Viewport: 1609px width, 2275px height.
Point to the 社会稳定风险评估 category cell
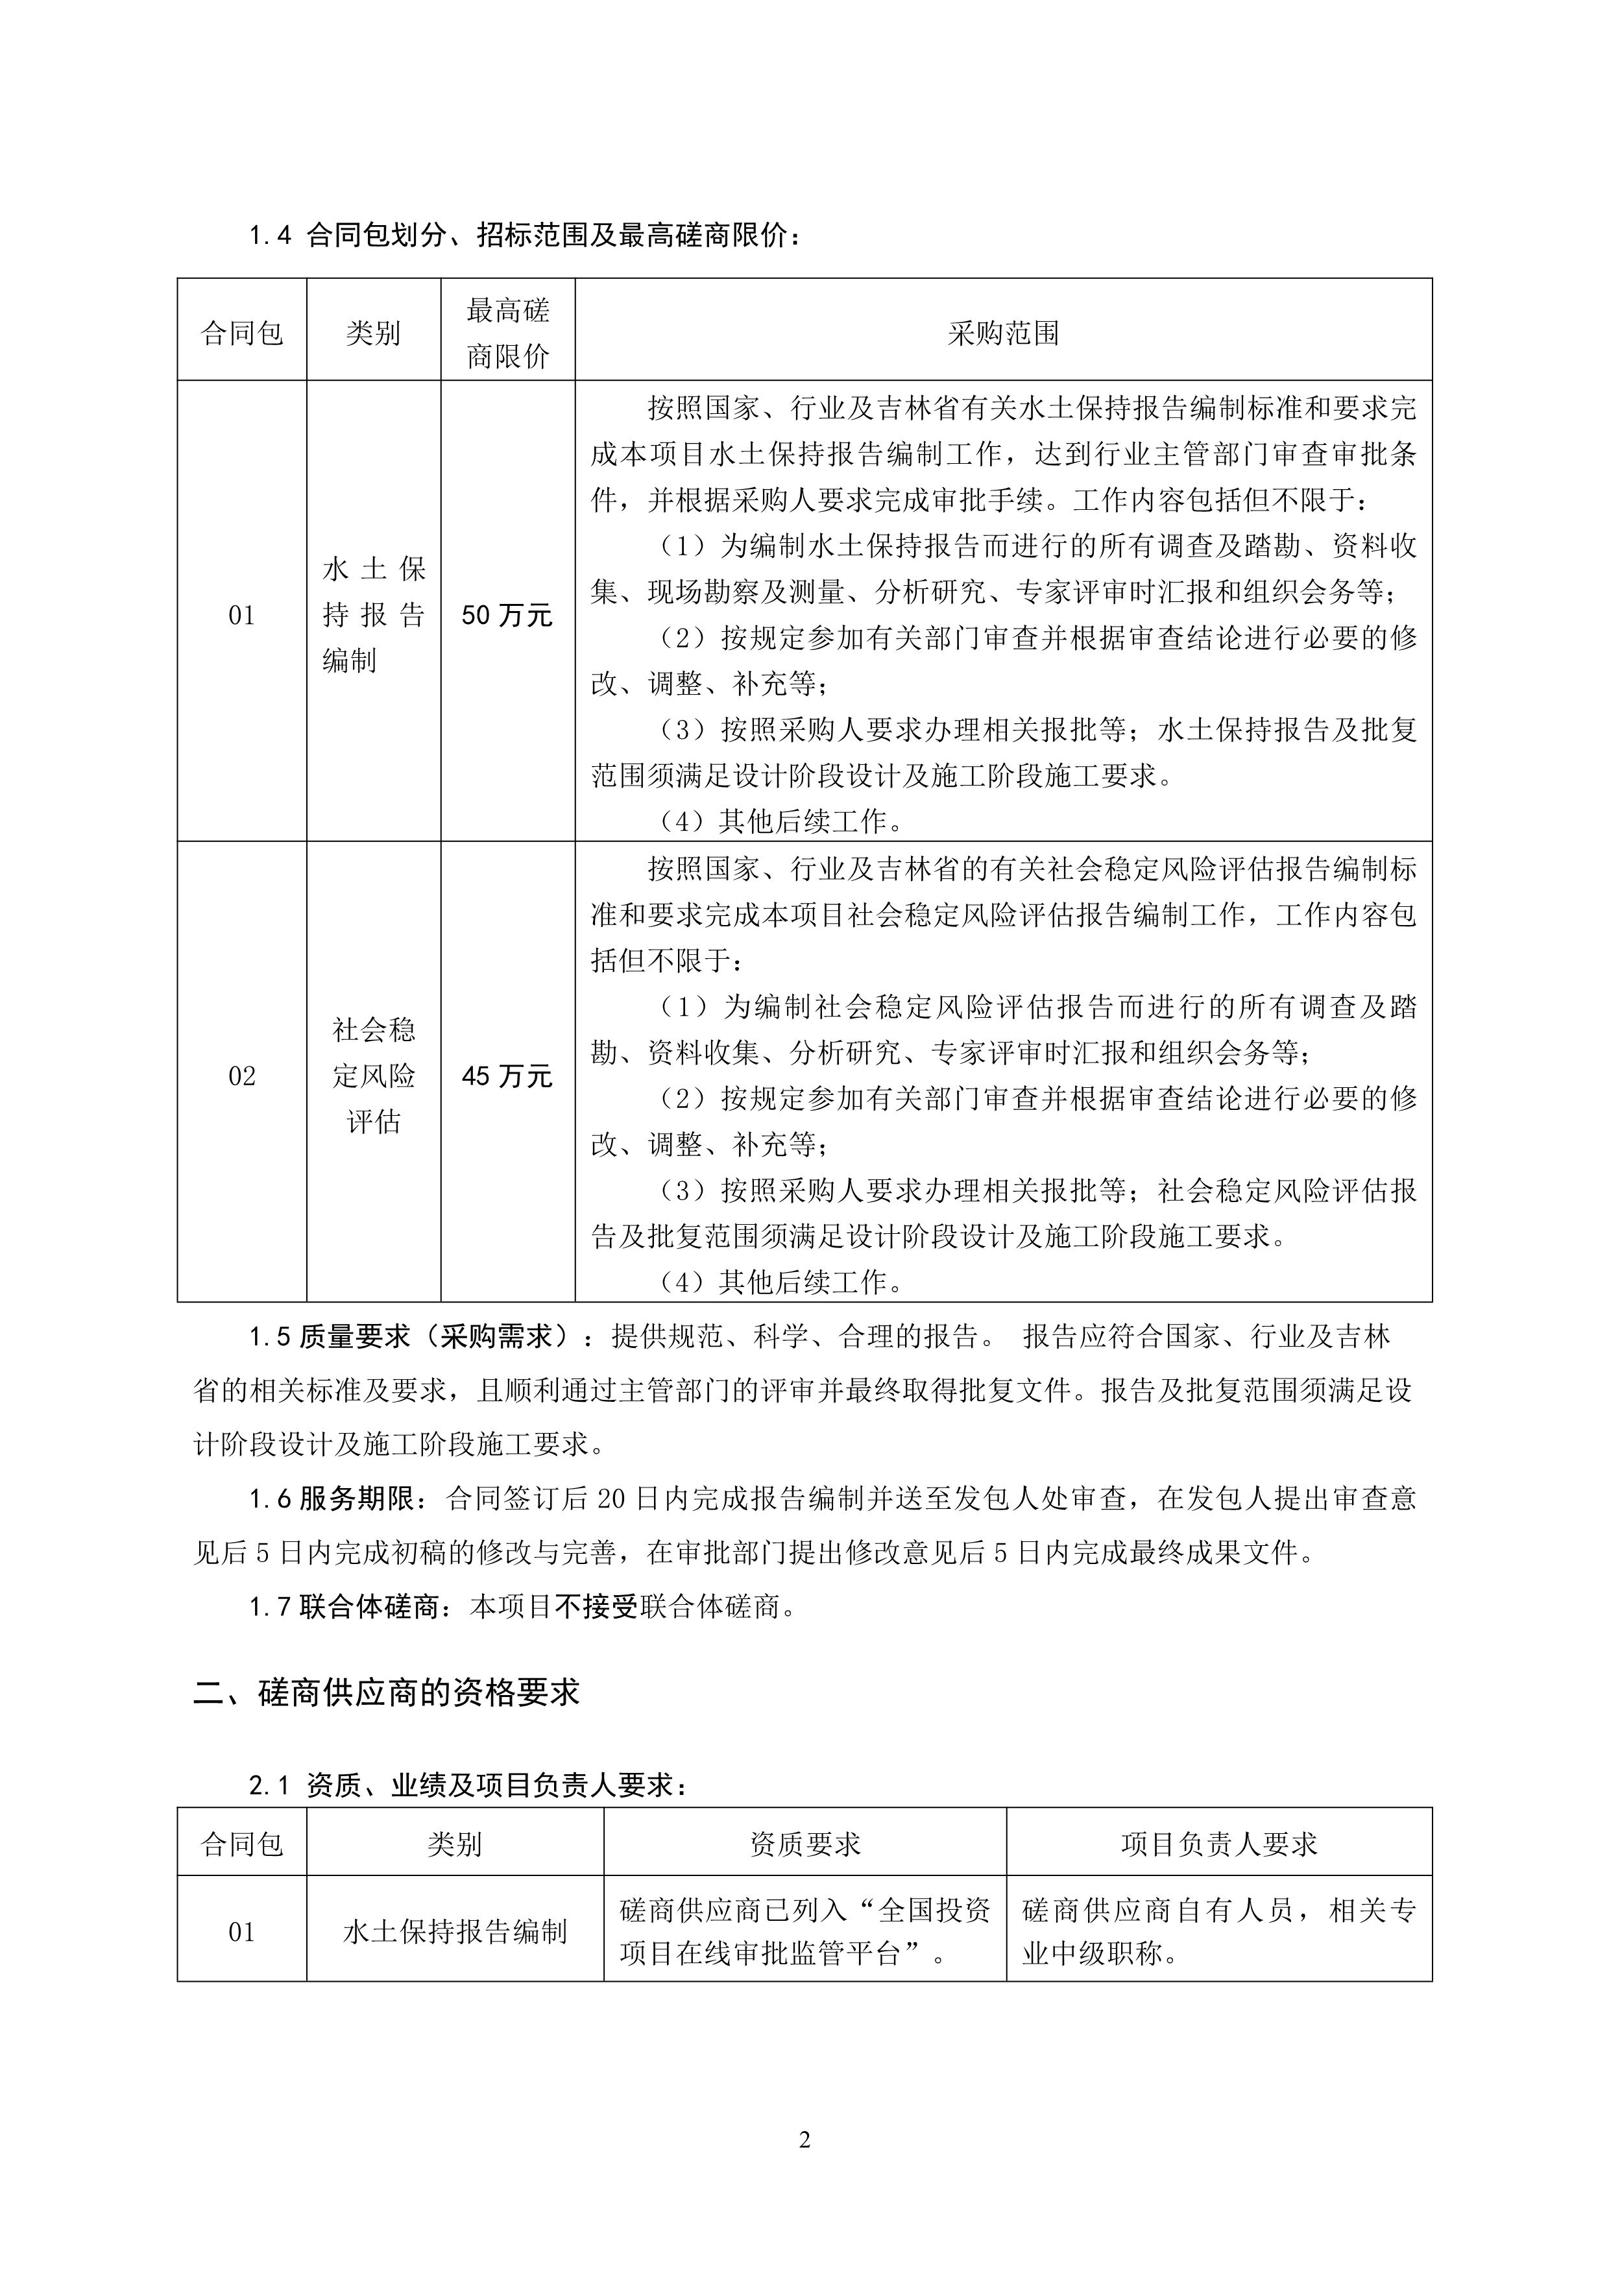374,1076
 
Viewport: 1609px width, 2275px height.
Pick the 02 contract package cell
242,1076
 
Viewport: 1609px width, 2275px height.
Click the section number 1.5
269,1338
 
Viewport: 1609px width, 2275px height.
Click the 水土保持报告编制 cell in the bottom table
455,1931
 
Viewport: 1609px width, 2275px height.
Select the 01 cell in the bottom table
242,1931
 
